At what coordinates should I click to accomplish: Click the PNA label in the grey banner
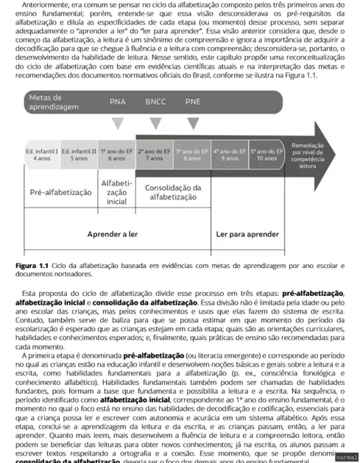click(118, 102)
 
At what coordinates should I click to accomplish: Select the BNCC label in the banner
click(155, 102)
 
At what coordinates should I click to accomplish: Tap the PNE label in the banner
click(193, 102)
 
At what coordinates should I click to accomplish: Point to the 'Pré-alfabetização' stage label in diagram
click(61, 192)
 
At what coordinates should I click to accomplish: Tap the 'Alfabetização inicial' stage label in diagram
click(117, 191)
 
